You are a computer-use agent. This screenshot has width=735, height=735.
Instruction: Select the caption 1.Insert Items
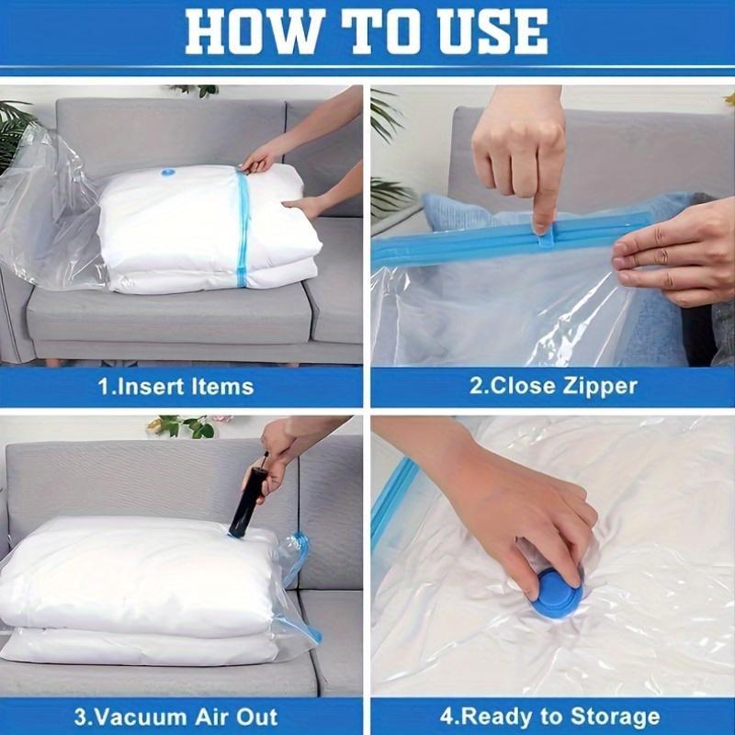coord(175,386)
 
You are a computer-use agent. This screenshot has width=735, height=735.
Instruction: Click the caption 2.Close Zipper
coord(553,386)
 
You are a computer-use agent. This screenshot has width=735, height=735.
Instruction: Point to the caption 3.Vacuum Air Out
coord(176,717)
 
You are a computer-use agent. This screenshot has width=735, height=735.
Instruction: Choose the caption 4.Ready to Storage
coord(552,717)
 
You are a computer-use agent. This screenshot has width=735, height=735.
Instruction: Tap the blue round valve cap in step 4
coord(558,593)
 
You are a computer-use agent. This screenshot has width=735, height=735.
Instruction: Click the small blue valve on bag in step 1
coord(168,172)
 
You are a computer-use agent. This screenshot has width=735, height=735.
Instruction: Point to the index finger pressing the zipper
coord(542,198)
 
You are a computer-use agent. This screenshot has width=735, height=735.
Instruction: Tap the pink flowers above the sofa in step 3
coord(175,426)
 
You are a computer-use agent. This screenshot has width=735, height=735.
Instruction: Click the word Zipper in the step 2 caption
coord(597,386)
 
